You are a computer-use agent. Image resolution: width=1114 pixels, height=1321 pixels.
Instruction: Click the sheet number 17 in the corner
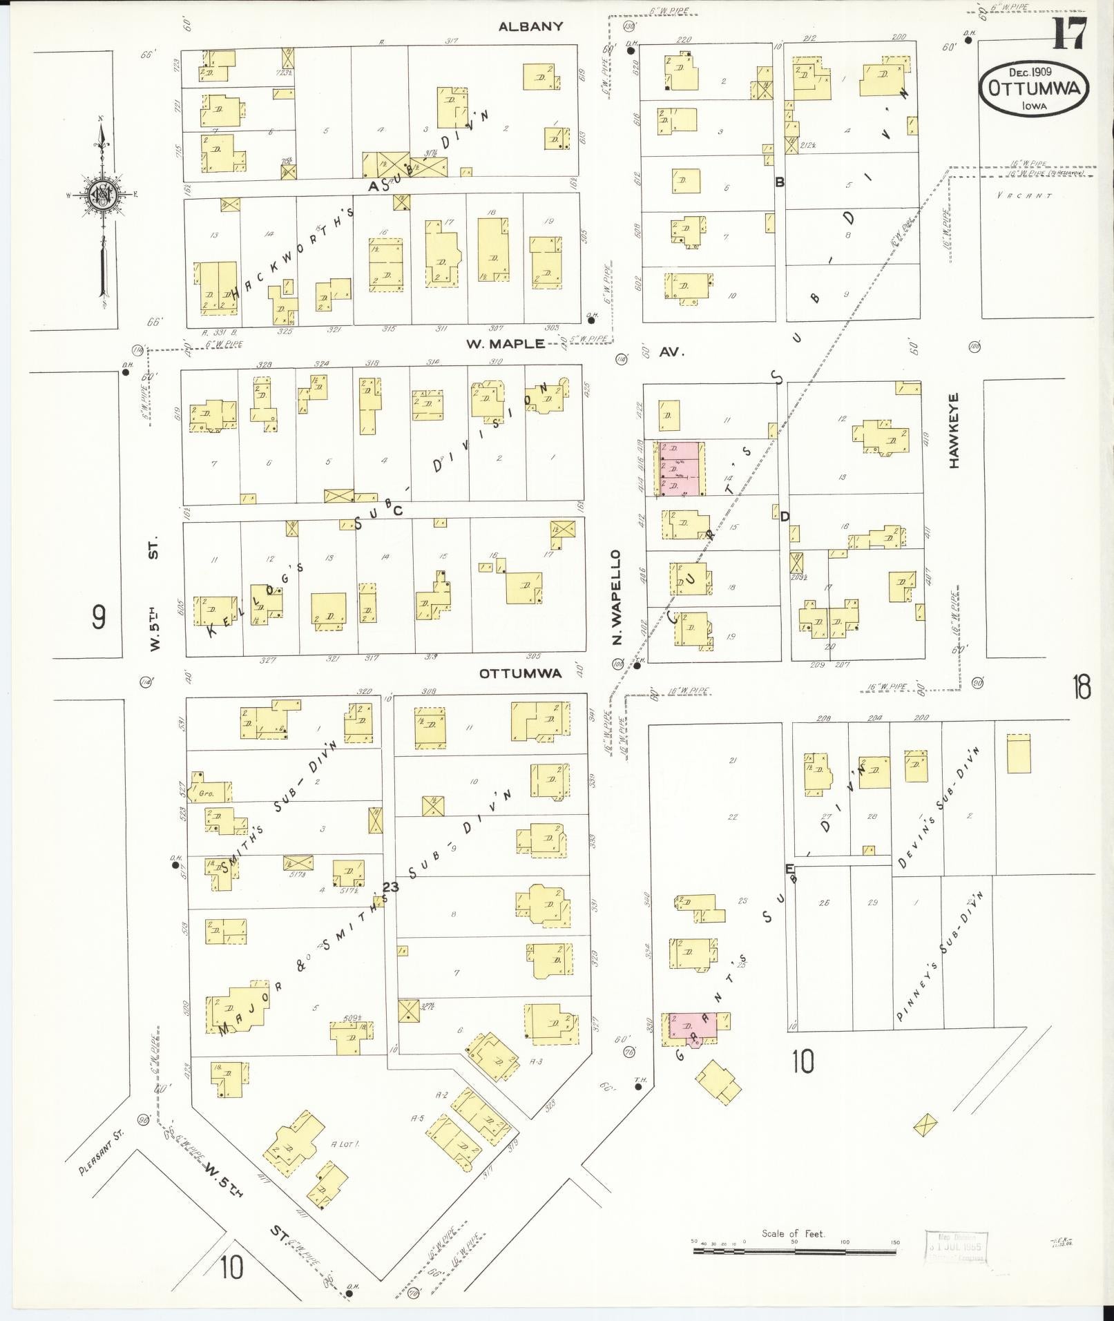(x=1070, y=33)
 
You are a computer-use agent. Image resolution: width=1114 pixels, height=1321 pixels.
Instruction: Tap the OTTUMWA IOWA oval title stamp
(x=1033, y=89)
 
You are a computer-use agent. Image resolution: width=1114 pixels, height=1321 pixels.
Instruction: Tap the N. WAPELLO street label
(x=617, y=597)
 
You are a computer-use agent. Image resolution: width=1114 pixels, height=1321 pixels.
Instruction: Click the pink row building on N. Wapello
(x=680, y=469)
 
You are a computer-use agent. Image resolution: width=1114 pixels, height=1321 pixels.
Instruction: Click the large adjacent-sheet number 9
(x=99, y=617)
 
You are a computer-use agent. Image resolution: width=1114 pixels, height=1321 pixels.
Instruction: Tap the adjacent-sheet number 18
(x=1081, y=688)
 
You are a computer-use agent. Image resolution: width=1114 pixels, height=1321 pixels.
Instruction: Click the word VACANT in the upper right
(x=1024, y=196)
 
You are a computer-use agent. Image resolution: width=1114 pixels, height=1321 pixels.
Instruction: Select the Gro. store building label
(x=206, y=793)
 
